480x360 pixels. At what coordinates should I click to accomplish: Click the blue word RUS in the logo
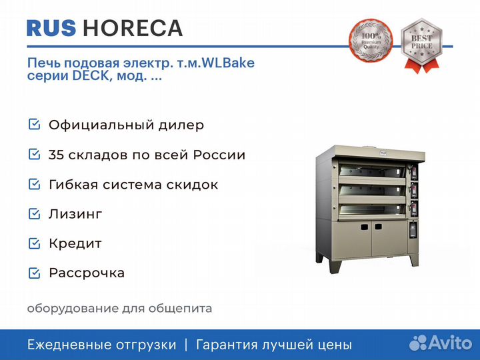coord(51,28)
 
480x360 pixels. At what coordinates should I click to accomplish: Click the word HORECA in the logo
coord(133,28)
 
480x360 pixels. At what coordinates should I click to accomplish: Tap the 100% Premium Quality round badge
coord(371,41)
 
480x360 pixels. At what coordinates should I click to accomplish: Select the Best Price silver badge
coord(421,45)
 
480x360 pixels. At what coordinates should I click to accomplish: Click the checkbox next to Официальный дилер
coord(34,124)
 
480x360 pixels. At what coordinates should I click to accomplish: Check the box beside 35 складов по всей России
coord(34,154)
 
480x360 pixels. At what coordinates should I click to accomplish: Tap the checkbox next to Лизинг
coord(34,214)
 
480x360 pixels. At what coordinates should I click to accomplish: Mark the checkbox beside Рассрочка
coord(34,273)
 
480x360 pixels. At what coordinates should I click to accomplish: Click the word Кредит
coord(75,244)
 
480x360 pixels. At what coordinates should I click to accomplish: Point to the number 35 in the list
coord(56,155)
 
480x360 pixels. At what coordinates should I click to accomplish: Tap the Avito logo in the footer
coord(441,343)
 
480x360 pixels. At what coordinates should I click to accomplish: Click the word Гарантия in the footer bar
coord(227,345)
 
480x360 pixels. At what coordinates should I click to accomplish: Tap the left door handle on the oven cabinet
coord(364,227)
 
